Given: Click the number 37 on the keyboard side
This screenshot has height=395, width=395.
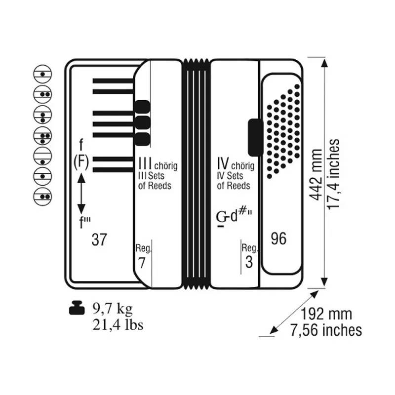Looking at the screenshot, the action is (100, 239).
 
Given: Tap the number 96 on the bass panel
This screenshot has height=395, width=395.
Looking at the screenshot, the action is (278, 238).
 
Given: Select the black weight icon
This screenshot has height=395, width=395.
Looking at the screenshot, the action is (77, 308).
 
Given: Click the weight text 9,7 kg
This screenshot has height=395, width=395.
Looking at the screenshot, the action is (113, 308).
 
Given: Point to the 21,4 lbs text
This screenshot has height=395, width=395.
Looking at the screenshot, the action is (118, 324).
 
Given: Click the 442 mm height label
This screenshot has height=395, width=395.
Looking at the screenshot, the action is (316, 175).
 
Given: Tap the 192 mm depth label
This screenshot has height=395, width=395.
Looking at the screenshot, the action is (326, 314).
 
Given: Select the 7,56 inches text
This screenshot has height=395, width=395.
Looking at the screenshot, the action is (326, 330).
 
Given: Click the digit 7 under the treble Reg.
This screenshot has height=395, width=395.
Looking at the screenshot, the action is (142, 263).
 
